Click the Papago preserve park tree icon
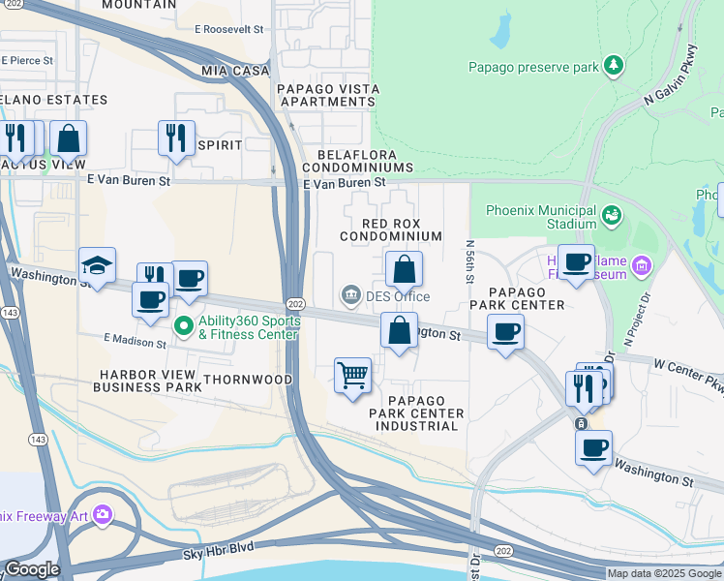(x=613, y=66)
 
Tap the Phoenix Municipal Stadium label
(x=540, y=217)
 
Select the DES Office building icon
(x=349, y=294)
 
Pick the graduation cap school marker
(x=97, y=266)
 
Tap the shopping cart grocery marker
(x=353, y=375)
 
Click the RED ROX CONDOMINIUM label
(x=390, y=229)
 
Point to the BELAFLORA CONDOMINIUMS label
(x=372, y=160)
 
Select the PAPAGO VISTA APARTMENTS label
(x=327, y=95)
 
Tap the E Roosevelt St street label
(x=228, y=30)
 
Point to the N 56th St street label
(x=469, y=262)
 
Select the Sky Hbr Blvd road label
(x=219, y=548)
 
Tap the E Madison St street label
(x=136, y=340)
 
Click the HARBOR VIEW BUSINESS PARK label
(x=147, y=380)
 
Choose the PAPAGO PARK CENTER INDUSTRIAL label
(x=416, y=413)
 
